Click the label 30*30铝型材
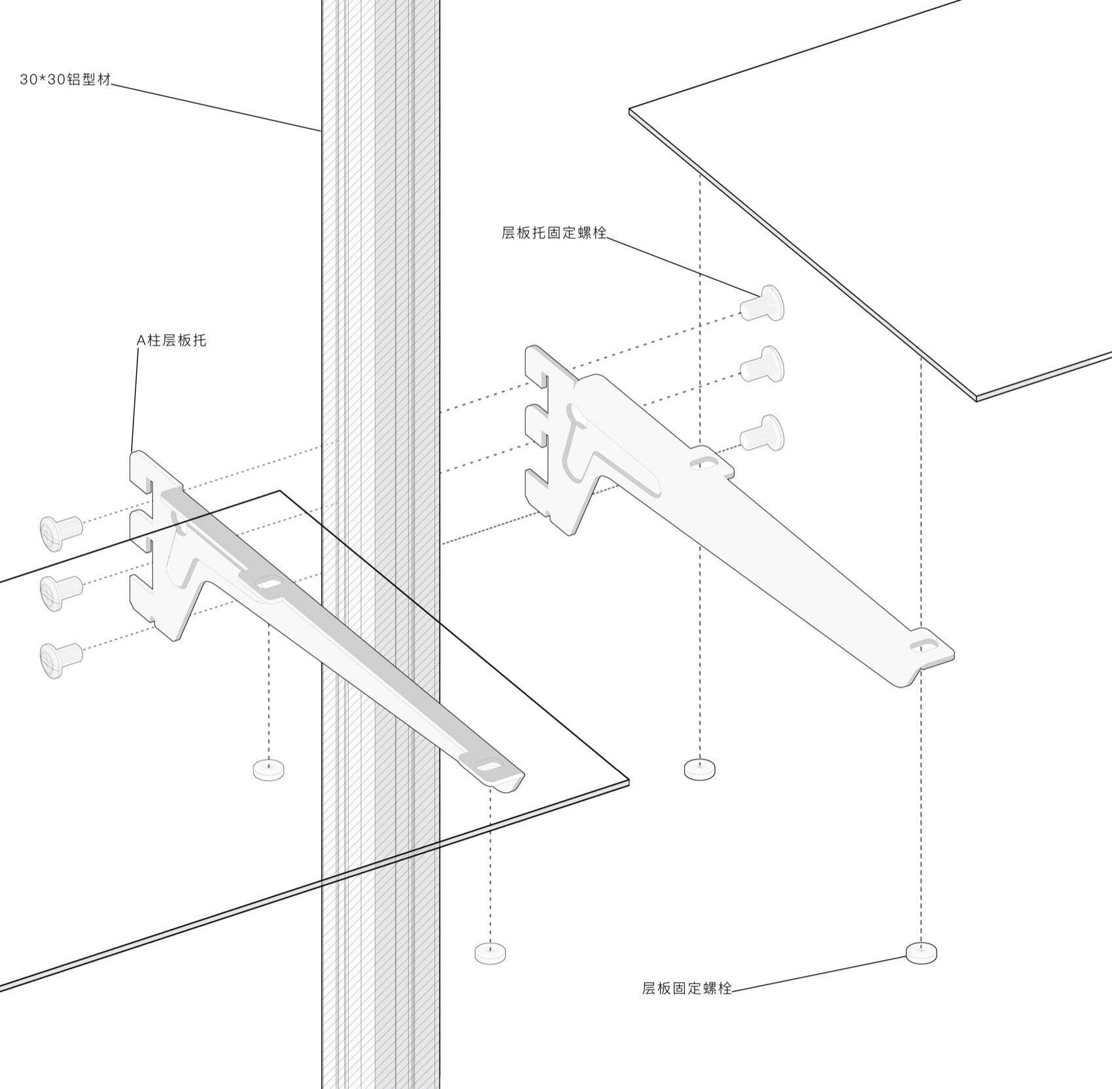[x=65, y=80]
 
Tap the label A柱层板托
[x=171, y=340]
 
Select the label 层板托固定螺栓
[x=554, y=232]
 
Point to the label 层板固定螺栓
[x=687, y=988]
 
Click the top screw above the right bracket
[x=762, y=303]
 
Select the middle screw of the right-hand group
[x=762, y=364]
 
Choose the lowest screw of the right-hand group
[x=762, y=432]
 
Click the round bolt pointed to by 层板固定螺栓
[x=921, y=952]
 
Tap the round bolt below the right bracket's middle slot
[x=699, y=769]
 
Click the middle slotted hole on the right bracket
[x=702, y=463]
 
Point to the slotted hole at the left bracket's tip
[x=488, y=763]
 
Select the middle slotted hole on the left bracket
[x=266, y=582]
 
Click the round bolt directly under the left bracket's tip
[x=491, y=952]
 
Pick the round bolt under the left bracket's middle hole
[x=268, y=769]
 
